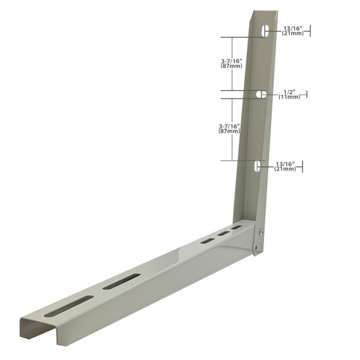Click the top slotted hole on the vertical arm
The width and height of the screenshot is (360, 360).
pos(265,31)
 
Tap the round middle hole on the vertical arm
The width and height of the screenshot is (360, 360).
pos(262,94)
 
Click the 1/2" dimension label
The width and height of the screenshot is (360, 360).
pos(289,92)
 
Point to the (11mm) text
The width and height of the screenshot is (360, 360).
pos(289,97)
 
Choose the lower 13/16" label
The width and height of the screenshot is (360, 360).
pos(286,164)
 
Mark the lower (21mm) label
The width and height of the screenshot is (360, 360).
pos(286,169)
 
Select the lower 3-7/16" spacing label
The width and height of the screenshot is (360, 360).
pos(230,125)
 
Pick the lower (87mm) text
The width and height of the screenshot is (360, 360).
pos(230,131)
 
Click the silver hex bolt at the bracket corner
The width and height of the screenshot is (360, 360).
pos(261,232)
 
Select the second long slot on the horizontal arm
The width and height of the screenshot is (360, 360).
pos(121,281)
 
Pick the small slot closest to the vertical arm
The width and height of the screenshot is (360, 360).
pos(237,229)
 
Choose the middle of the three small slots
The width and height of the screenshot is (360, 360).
pos(223,234)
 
